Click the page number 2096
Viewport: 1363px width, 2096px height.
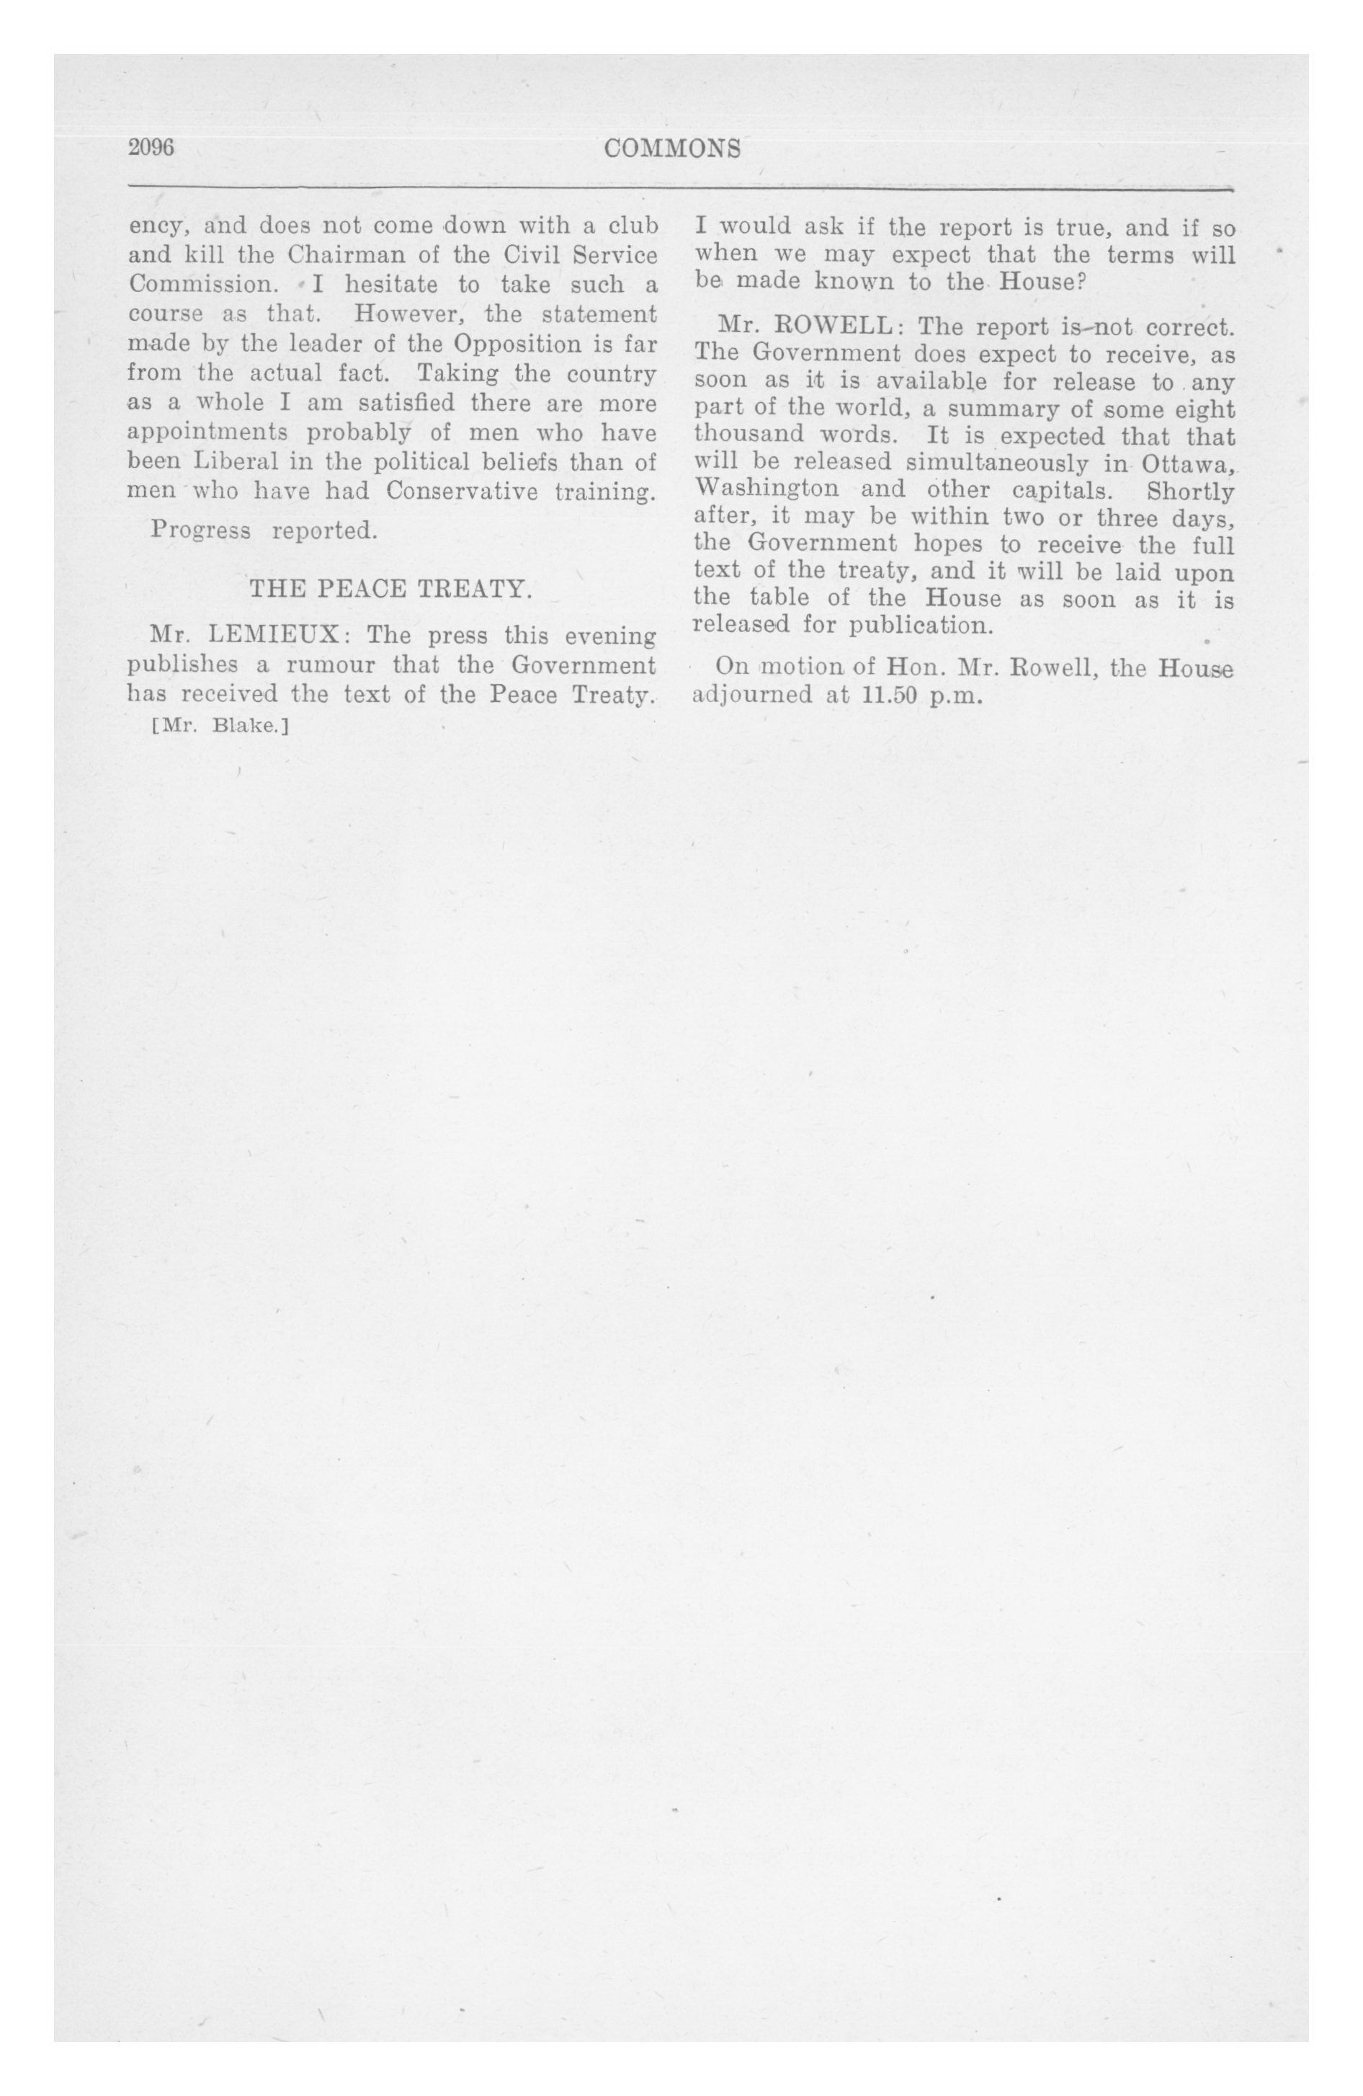tap(151, 147)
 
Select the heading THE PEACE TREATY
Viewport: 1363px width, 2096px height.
tap(391, 588)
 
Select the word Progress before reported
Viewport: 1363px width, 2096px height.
tap(201, 531)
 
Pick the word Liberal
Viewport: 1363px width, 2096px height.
tap(236, 461)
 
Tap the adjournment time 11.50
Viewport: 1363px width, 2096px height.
tap(890, 696)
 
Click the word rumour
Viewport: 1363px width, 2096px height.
tap(331, 664)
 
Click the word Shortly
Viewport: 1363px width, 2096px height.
tap(1190, 491)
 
